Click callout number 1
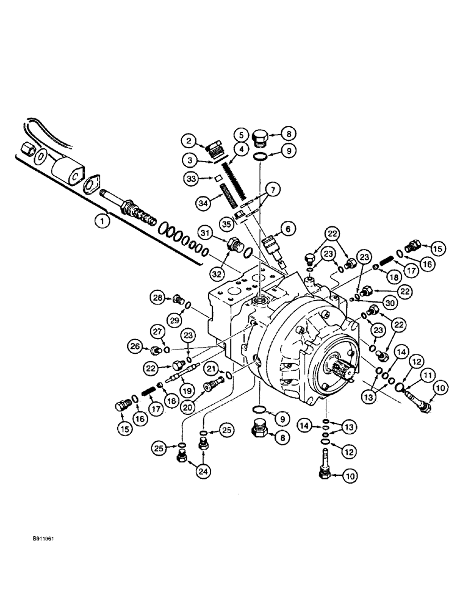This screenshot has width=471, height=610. coord(104,220)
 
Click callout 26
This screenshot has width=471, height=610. coord(135,348)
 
